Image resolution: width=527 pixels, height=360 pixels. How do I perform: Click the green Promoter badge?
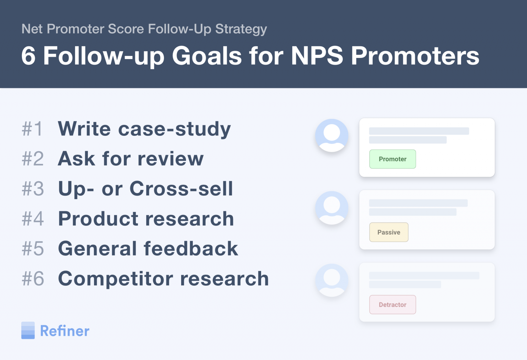393,159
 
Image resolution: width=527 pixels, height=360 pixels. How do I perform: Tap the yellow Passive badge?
389,232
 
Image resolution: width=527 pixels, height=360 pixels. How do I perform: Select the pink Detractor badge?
393,305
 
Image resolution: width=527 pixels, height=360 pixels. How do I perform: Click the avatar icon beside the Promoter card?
332,135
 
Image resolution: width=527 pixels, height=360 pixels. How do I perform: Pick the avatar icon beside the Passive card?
332,208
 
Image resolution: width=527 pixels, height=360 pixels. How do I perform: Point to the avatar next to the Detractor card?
332,280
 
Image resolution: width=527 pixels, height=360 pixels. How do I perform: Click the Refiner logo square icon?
28,331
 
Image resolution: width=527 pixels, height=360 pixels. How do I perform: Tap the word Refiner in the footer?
65,331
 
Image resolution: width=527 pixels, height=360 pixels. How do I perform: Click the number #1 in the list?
32,129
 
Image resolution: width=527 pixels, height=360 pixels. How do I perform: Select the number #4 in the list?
33,219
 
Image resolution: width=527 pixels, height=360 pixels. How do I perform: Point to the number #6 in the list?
33,278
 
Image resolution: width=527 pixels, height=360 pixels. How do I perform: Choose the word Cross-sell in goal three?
181,189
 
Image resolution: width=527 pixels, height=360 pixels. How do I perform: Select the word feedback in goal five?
191,249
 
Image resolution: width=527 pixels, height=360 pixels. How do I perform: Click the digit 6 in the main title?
28,56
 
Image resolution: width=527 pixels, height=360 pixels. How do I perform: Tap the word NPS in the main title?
317,56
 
